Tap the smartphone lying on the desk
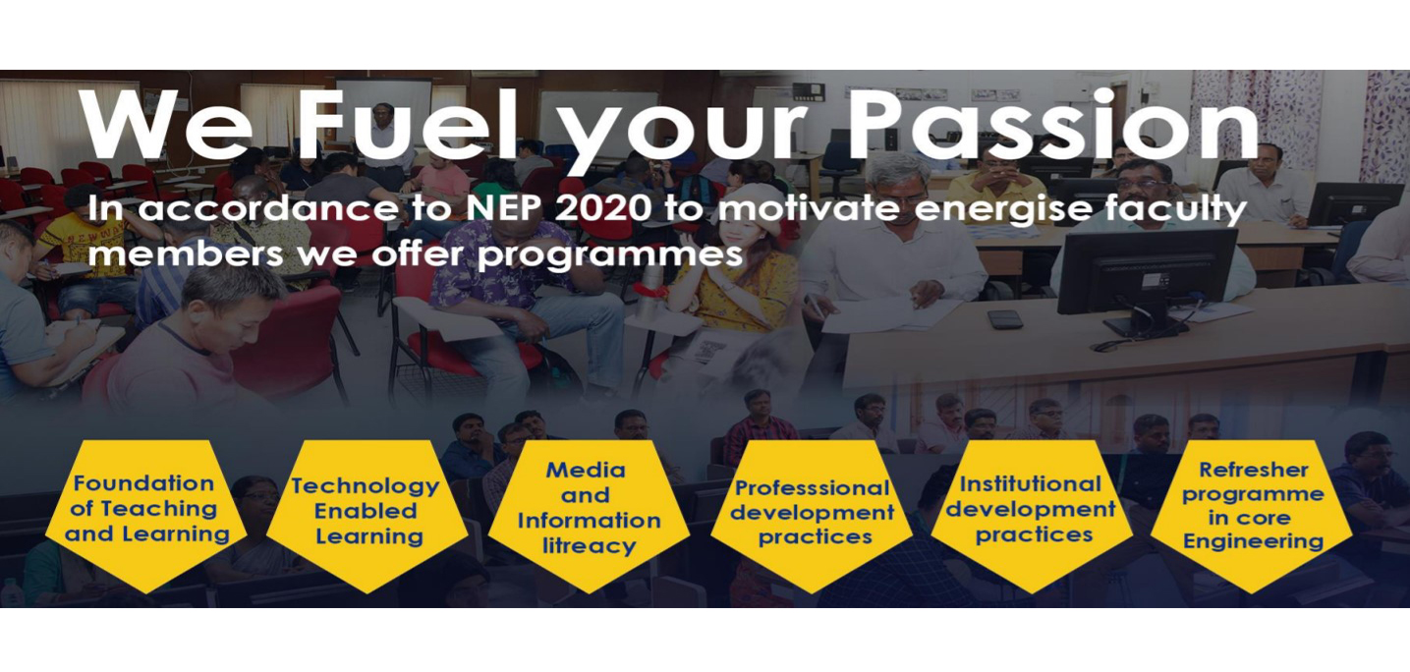pos(1005,319)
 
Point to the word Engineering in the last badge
pos(1253,541)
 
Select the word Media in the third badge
pos(586,470)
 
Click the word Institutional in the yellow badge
pos(1031,484)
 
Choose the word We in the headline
pos(165,127)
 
